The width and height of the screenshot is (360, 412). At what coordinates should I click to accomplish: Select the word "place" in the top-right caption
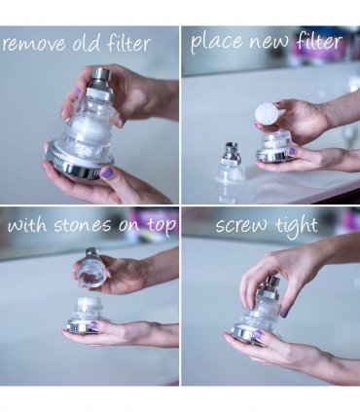tap(216, 43)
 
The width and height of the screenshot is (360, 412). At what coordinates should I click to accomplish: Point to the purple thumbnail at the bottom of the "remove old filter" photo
tap(107, 172)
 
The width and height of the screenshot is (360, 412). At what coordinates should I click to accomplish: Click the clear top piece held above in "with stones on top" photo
tap(91, 268)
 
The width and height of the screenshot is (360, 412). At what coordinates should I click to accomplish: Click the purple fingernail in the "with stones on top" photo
tap(93, 324)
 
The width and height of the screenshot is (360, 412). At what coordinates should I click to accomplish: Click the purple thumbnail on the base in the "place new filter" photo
tap(292, 151)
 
